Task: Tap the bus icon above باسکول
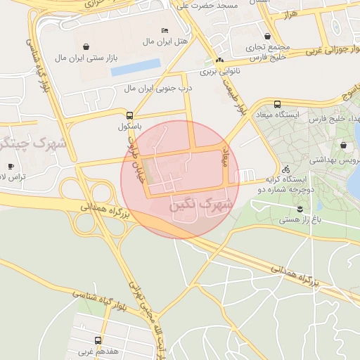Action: click(129, 115)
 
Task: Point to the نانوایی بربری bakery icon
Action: click(220, 60)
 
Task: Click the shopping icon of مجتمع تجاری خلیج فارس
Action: click(267, 36)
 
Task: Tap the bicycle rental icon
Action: click(285, 169)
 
